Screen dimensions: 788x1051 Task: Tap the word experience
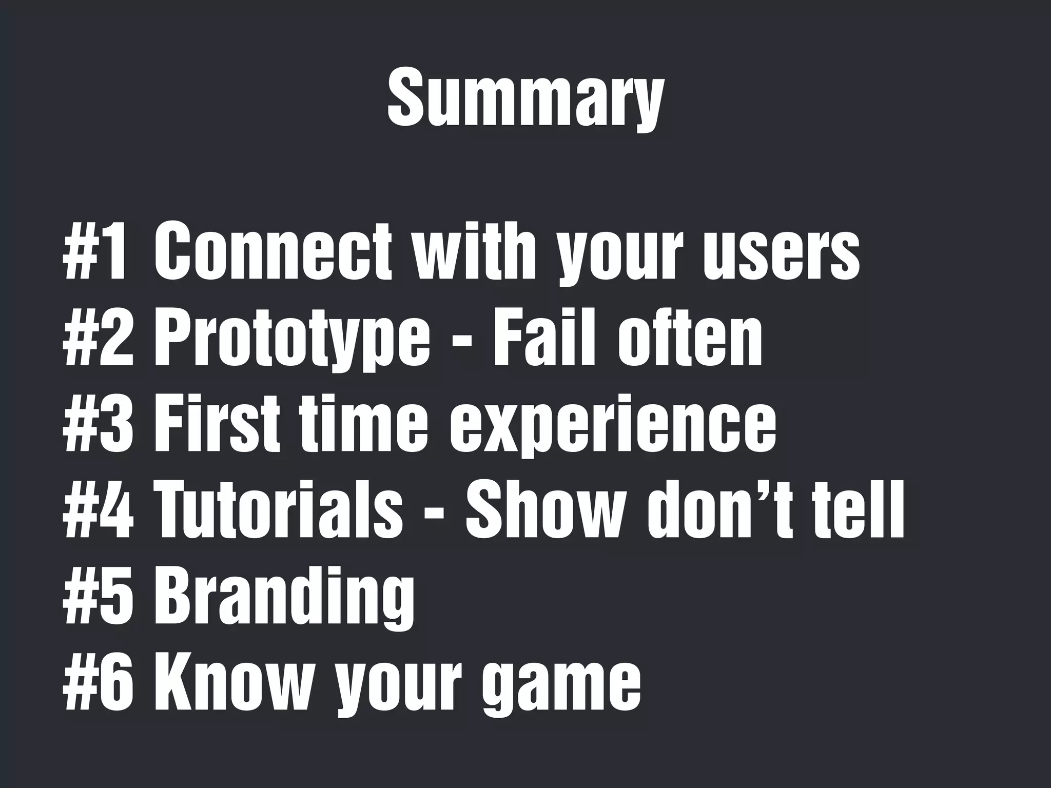(613, 426)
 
